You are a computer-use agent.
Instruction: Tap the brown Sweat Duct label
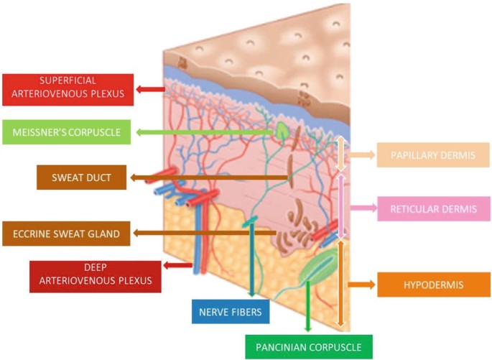[x=80, y=177]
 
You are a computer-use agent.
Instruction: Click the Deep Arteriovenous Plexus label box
[x=96, y=276]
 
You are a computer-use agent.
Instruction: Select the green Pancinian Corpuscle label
[x=309, y=348]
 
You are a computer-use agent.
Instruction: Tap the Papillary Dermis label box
[x=423, y=154]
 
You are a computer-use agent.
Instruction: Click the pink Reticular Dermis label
[x=423, y=209]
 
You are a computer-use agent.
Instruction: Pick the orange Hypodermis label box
[x=423, y=285]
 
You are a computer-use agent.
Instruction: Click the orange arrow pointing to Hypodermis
[x=362, y=285]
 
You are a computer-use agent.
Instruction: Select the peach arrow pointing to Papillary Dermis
[x=363, y=154]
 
